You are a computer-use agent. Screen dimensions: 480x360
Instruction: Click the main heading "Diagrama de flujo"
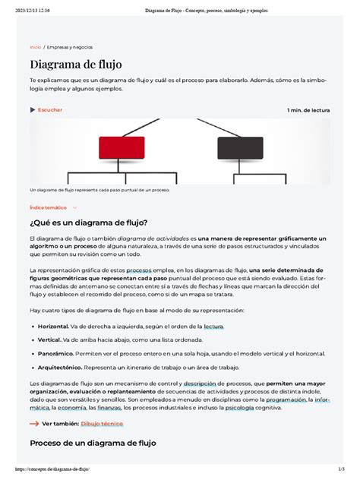point(75,65)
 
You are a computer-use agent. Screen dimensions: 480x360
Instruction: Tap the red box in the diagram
point(122,147)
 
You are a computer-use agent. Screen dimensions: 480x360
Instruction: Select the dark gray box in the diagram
point(238,147)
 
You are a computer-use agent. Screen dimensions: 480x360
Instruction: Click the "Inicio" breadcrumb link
point(36,47)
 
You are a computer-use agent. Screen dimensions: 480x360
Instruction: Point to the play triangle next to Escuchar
point(33,110)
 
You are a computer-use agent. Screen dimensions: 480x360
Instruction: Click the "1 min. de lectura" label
point(308,110)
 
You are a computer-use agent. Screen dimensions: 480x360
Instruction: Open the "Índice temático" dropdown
point(53,207)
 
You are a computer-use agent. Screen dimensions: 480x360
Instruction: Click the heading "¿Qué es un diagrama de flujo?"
point(88,222)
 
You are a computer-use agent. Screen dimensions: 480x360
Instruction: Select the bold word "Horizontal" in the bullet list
point(58,326)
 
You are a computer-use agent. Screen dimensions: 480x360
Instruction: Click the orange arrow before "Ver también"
point(33,424)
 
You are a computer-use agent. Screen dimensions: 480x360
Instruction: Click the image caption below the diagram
point(99,190)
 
